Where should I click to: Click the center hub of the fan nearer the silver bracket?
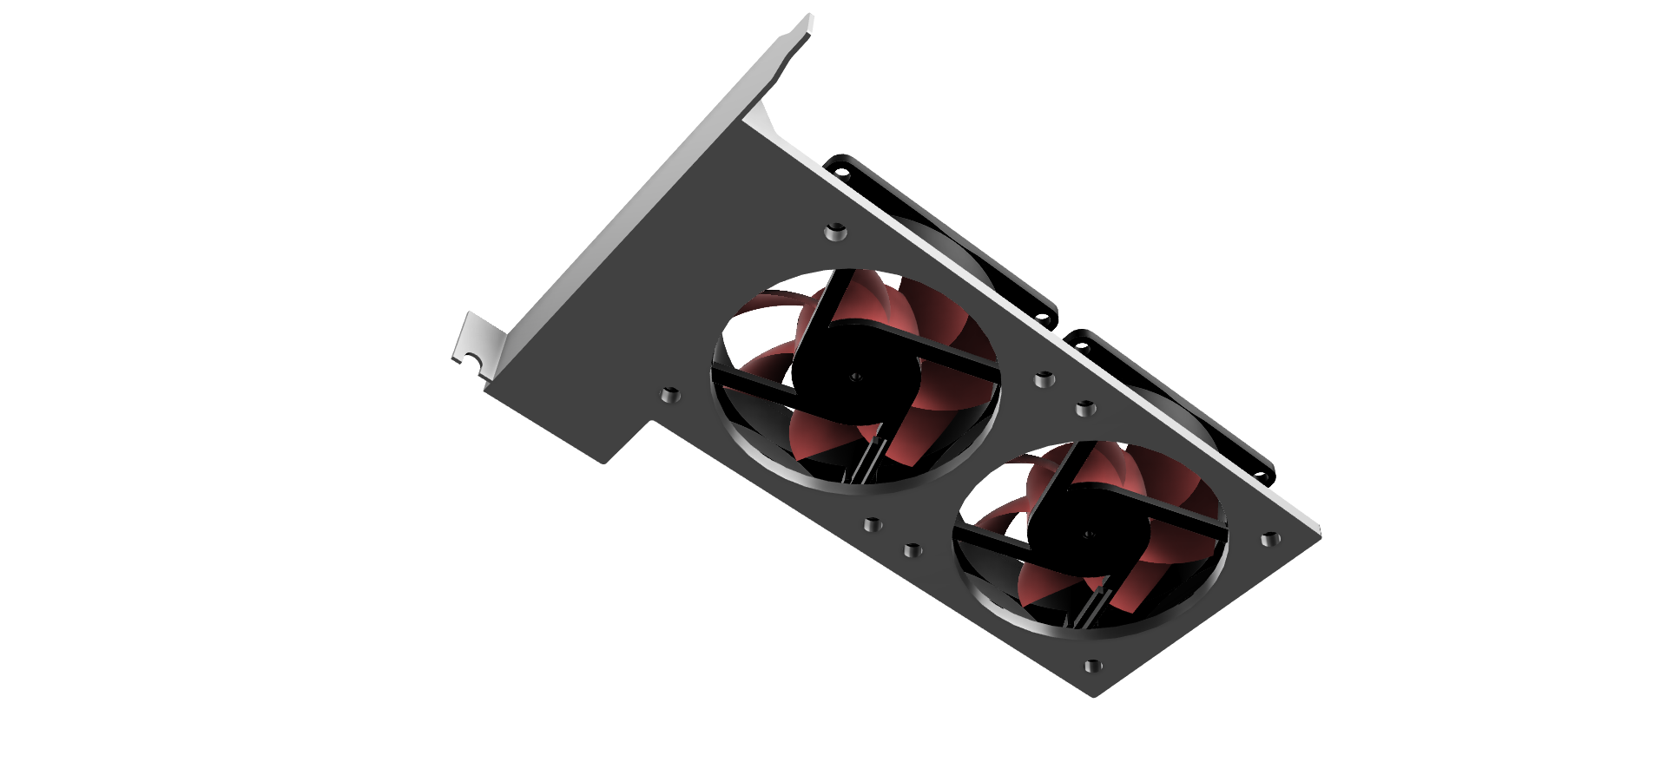click(855, 377)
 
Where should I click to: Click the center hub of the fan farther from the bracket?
click(1088, 535)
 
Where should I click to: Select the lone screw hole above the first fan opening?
click(835, 231)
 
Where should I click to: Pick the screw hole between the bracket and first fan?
click(669, 396)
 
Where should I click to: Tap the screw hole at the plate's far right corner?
click(1269, 539)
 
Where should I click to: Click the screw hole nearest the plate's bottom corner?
click(1093, 667)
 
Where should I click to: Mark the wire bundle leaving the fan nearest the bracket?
click(869, 460)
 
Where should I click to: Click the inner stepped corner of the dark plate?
click(651, 422)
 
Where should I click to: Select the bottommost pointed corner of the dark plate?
click(1094, 695)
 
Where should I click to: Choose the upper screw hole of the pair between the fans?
click(1044, 379)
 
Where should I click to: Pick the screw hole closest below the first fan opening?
click(873, 525)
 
